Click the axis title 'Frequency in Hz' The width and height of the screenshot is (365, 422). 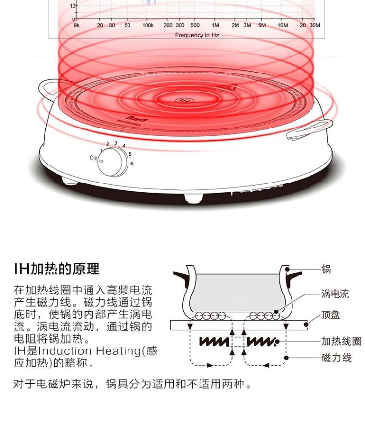[x=197, y=35]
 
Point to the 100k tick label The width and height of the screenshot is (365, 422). [x=148, y=25]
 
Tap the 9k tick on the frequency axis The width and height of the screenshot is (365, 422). [x=77, y=25]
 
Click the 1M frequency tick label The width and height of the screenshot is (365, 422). [x=215, y=25]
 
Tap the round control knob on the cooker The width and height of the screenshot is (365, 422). [x=112, y=162]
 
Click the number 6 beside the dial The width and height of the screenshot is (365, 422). [x=132, y=164]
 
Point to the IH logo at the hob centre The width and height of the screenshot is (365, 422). [x=183, y=101]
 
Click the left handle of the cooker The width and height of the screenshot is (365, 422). [x=49, y=87]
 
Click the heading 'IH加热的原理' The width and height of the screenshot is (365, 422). [x=56, y=268]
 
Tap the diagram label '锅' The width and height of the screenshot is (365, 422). [x=326, y=268]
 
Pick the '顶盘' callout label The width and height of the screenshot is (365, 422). [x=330, y=315]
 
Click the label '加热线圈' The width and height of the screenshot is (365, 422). [x=341, y=340]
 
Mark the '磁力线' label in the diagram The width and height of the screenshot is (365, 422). [x=336, y=358]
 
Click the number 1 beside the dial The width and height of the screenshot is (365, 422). [x=101, y=151]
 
